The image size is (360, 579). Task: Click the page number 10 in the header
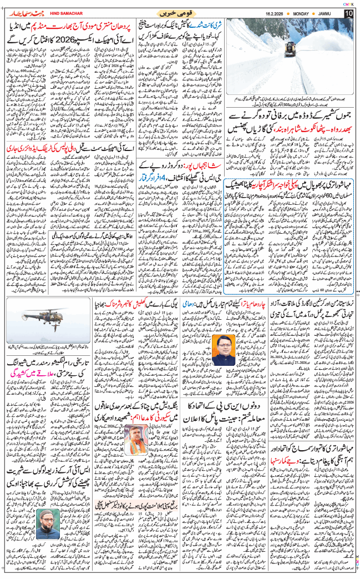pyautogui.click(x=349, y=13)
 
